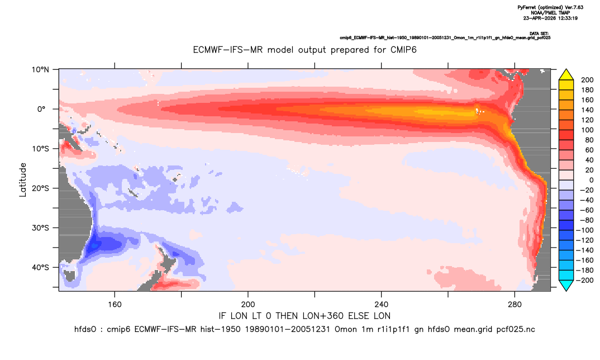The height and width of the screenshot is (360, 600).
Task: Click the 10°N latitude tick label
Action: pos(40,70)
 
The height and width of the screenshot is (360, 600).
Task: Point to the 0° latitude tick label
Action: pos(41,109)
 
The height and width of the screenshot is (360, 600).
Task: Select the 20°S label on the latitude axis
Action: pos(40,188)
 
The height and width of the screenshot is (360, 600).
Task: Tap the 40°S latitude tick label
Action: pos(40,267)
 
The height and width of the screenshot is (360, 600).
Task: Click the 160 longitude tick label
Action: pos(115,305)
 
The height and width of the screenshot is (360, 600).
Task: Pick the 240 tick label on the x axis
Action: pos(382,305)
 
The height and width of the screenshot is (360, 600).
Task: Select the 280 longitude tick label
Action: pos(515,305)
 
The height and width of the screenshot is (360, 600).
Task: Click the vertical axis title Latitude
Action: pos(23,180)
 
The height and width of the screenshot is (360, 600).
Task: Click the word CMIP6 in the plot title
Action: pos(403,50)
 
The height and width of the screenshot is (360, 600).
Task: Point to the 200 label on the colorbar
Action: pos(587,80)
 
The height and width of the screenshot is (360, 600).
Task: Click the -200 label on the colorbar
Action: pos(585,280)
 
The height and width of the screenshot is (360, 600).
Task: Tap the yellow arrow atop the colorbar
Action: pos(566,75)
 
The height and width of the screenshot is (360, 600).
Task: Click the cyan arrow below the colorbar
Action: pos(566,285)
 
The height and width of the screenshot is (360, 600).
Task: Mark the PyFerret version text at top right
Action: pos(550,7)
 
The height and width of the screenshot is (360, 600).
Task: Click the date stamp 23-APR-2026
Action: pos(537,18)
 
